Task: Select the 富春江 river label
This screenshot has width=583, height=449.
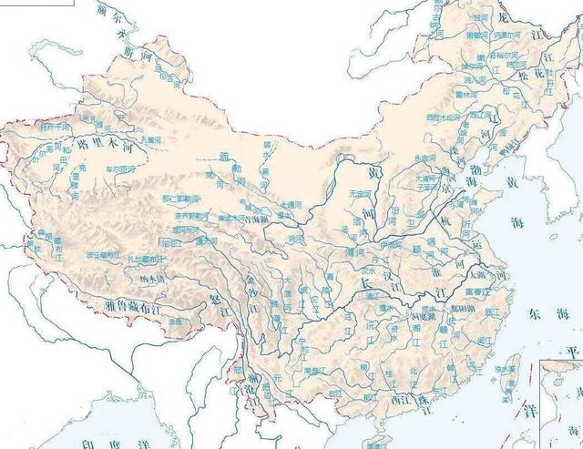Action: click(477, 292)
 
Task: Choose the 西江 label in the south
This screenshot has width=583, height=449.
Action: click(397, 398)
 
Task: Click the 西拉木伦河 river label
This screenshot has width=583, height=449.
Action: click(441, 117)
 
